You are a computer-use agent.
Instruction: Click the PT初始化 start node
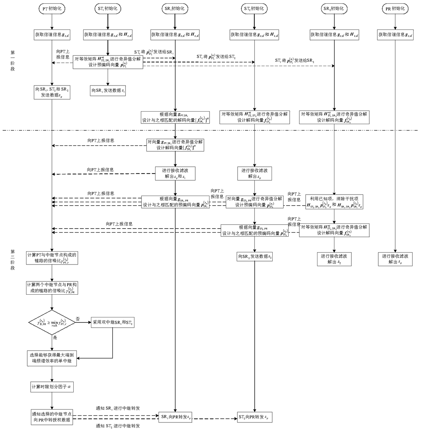pos(52,9)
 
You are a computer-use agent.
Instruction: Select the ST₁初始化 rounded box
pos(108,9)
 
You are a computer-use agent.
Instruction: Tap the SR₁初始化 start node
pos(175,9)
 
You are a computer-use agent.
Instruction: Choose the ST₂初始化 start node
pos(254,9)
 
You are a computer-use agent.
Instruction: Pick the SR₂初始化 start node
pos(334,9)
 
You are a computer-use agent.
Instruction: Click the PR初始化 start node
pos(395,9)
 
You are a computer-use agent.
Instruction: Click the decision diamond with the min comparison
pos(52,322)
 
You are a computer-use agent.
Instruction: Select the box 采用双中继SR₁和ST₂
pos(113,322)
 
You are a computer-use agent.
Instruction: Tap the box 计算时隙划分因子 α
pos(52,387)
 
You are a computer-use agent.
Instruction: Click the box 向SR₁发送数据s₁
pos(108,91)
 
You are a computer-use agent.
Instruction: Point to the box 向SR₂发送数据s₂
pos(255,257)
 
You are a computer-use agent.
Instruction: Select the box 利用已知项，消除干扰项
pos(334,202)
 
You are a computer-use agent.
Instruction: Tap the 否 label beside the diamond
pos(78,319)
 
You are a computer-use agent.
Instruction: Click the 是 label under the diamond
pos(55,338)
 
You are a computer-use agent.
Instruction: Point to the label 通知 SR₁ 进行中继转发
pos(118,409)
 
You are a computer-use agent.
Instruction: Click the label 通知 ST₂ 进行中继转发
pos(118,426)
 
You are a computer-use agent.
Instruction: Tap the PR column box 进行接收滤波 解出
pos(395,259)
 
